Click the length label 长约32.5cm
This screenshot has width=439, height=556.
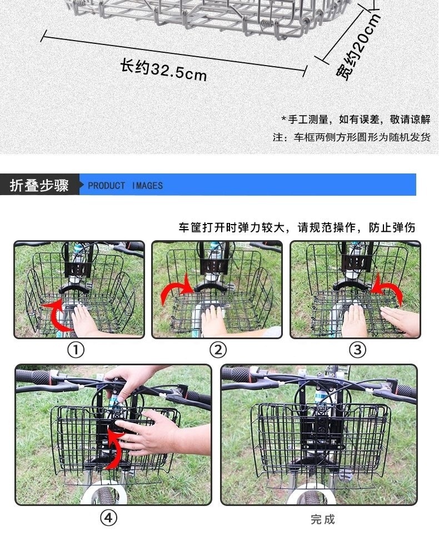pyautogui.click(x=163, y=71)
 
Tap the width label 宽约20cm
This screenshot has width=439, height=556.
pyautogui.click(x=359, y=47)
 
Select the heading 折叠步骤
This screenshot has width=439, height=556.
pyautogui.click(x=39, y=185)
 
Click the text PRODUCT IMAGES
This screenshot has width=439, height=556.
pyautogui.click(x=126, y=186)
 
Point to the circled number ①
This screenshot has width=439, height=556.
pyautogui.click(x=76, y=350)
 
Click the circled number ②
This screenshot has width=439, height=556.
pyautogui.click(x=217, y=350)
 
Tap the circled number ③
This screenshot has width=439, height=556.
pyautogui.click(x=357, y=350)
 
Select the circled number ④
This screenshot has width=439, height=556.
pyautogui.click(x=108, y=518)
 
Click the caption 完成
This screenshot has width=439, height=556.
pyautogui.click(x=323, y=519)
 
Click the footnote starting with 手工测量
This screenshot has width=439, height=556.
pyautogui.click(x=356, y=119)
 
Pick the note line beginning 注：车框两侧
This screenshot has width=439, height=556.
pyautogui.click(x=351, y=137)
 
